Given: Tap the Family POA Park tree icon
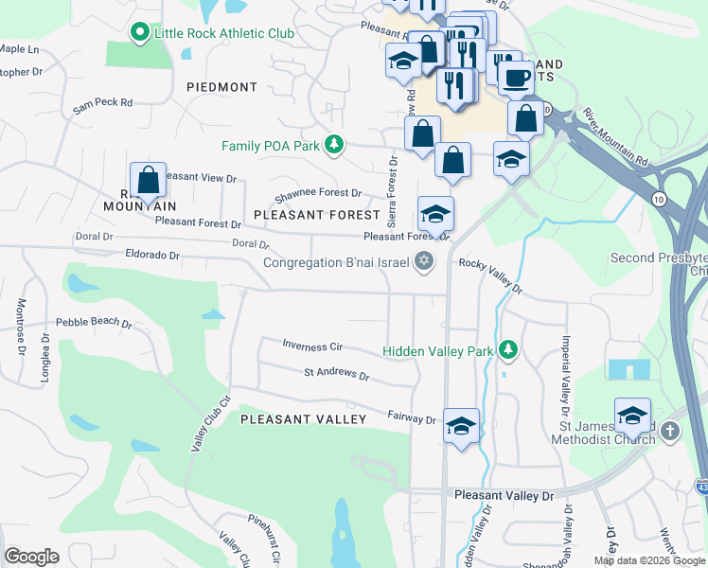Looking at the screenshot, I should tap(333, 145).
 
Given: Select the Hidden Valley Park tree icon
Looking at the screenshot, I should tap(508, 350).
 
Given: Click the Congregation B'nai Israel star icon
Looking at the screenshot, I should tap(424, 262).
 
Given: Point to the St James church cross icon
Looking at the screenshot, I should tap(670, 432).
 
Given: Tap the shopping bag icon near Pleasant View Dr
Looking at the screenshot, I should tap(149, 179).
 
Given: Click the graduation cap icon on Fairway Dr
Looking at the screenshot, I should tap(461, 425).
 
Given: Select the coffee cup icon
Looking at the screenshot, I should tap(516, 77).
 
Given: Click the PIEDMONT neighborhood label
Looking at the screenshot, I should tap(222, 87).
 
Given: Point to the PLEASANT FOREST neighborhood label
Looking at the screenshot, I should tap(317, 215).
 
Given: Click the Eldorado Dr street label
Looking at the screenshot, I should tap(152, 255).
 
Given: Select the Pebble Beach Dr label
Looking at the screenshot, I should tap(94, 322).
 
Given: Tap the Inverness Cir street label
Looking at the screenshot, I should tap(311, 346).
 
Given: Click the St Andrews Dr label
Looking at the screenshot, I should tap(336, 375).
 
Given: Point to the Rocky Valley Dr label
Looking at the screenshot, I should tap(490, 275).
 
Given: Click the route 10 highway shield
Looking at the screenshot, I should tap(657, 199).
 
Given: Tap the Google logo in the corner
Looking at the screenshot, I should tap(31, 557).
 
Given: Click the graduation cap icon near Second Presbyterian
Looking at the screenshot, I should tap(632, 415).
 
